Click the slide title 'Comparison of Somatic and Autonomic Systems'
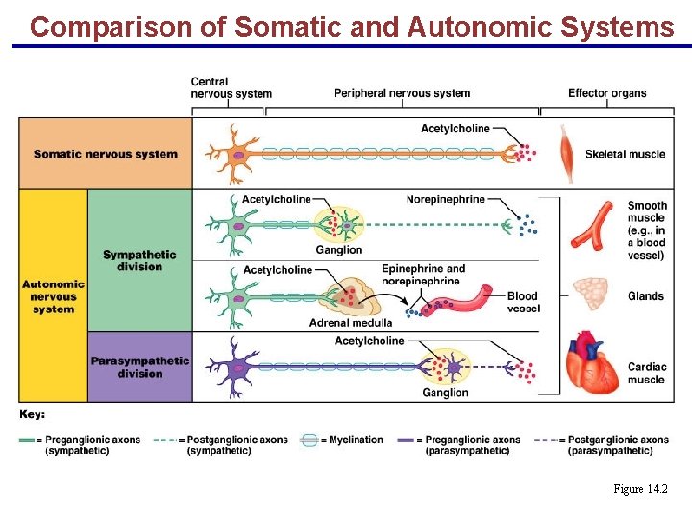click(x=352, y=26)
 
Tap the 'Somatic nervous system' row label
click(x=106, y=154)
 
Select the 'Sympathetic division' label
click(x=139, y=260)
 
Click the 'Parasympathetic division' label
click(x=139, y=367)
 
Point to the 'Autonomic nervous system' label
click(x=53, y=296)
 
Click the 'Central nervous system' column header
click(x=231, y=87)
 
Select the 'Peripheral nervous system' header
click(x=402, y=93)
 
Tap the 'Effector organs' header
click(x=606, y=93)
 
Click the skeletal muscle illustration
click(x=569, y=153)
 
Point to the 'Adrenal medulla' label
click(x=351, y=323)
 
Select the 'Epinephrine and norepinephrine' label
click(x=423, y=275)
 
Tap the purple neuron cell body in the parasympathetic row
click(x=235, y=366)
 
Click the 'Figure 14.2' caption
click(x=639, y=490)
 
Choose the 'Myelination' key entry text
click(x=356, y=440)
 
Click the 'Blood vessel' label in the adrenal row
click(x=523, y=302)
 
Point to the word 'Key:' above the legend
click(x=33, y=414)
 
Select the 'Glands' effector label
click(x=645, y=296)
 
